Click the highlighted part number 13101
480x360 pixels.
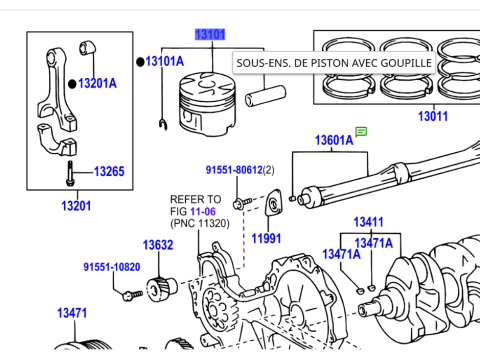[210, 34]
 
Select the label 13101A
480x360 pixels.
[165, 62]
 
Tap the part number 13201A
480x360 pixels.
[97, 83]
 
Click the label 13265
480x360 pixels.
[109, 172]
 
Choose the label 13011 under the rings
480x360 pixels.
[433, 117]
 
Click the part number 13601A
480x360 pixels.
[334, 141]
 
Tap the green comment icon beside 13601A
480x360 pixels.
[362, 131]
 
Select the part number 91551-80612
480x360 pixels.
[234, 171]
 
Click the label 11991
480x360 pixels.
[267, 239]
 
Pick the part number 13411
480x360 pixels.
[368, 222]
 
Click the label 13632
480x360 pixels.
[157, 245]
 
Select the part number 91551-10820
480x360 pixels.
[111, 268]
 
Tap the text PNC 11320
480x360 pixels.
[200, 223]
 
